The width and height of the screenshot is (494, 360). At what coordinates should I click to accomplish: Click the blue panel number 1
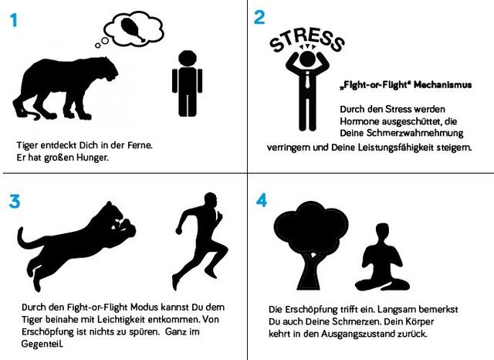pos(13,21)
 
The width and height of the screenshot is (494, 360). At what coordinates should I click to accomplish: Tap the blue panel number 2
pos(259,19)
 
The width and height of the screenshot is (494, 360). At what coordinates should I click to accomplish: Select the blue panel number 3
pos(15,202)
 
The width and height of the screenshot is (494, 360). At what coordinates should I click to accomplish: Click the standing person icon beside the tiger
pos(185,84)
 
